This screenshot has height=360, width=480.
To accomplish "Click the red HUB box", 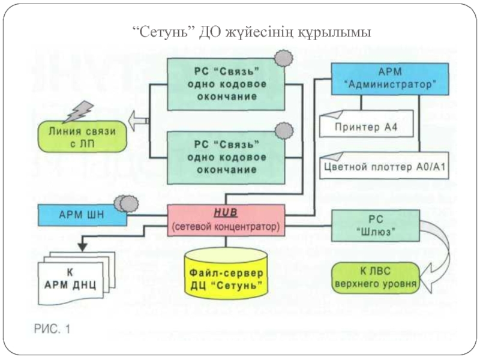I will tap(226, 219).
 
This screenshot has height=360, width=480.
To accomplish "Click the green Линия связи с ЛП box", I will tap(82, 136).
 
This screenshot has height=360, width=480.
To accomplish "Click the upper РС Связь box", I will tap(226, 84).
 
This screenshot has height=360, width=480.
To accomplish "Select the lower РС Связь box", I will tap(226, 157).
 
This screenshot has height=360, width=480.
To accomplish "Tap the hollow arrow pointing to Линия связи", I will tap(139, 121).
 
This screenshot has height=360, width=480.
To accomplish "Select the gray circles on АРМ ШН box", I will tap(126, 203).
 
